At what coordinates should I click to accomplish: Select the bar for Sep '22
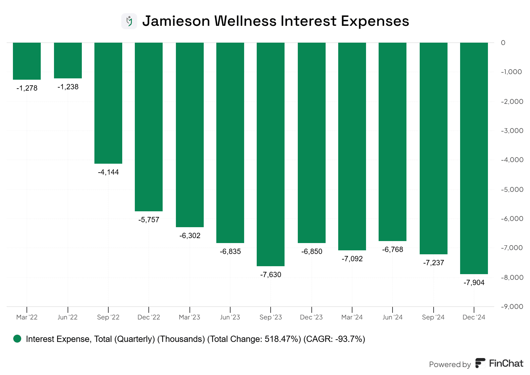108,103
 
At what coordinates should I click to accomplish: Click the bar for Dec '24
474,158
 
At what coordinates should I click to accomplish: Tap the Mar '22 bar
27,61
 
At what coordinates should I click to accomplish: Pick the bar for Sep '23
271,154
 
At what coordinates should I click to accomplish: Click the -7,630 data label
271,275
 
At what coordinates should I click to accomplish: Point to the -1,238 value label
68,87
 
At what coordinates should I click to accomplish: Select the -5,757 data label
149,220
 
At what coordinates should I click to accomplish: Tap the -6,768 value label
393,250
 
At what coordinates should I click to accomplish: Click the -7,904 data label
474,283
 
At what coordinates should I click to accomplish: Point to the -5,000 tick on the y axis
512,189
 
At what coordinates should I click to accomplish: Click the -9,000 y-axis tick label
512,307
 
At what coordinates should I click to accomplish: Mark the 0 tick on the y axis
503,43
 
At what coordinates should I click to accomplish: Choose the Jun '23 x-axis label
230,317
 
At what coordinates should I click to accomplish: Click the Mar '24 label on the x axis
352,317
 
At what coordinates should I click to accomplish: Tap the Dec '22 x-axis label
149,317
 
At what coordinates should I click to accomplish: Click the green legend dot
17,339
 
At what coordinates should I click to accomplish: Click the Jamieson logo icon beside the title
129,21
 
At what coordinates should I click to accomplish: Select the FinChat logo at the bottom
500,363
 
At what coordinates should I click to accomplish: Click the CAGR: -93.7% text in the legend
334,339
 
